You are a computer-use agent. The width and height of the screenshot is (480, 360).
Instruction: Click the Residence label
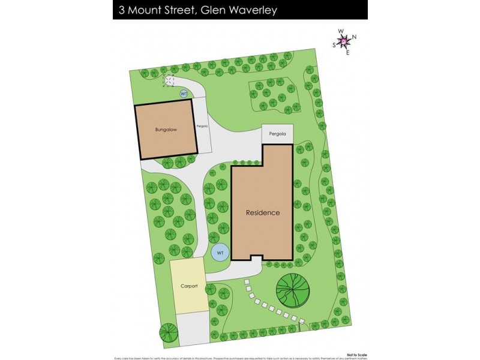(x=262, y=212)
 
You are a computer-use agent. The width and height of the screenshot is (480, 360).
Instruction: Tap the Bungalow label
(x=166, y=130)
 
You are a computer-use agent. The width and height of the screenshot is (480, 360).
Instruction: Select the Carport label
(x=189, y=286)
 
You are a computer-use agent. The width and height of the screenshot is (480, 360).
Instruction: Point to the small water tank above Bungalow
(x=184, y=94)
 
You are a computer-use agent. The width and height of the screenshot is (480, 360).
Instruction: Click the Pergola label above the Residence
(x=277, y=134)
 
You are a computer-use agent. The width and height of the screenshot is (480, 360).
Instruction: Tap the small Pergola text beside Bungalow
(x=202, y=126)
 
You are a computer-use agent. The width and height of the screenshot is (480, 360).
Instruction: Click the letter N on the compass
(x=354, y=37)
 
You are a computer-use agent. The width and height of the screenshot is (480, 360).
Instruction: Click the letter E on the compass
(x=348, y=52)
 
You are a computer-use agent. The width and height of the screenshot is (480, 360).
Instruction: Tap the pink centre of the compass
(x=344, y=41)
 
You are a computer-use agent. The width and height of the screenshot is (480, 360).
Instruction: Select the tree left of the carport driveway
(x=167, y=332)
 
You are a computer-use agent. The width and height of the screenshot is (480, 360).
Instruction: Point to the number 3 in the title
(x=121, y=10)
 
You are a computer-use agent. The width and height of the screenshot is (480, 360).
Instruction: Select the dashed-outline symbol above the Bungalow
(x=169, y=81)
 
